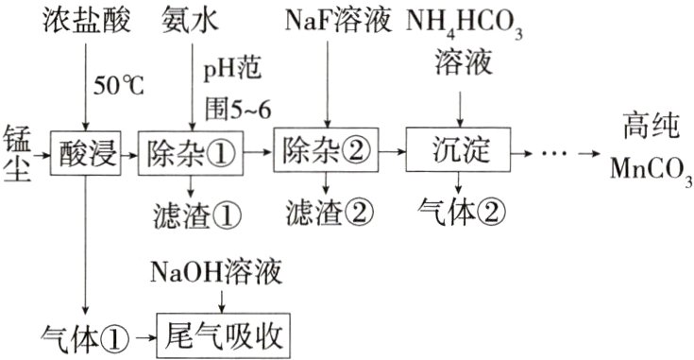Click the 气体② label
[x=460, y=208]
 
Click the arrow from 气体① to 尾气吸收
[x=142, y=334]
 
